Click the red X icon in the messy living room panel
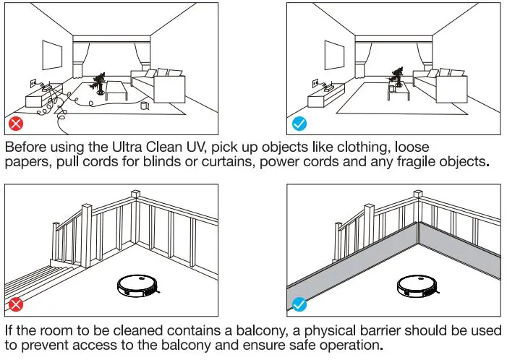point(15,124)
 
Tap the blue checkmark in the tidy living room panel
point(299,124)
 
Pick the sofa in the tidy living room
point(443,87)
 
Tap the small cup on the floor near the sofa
point(145,106)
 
